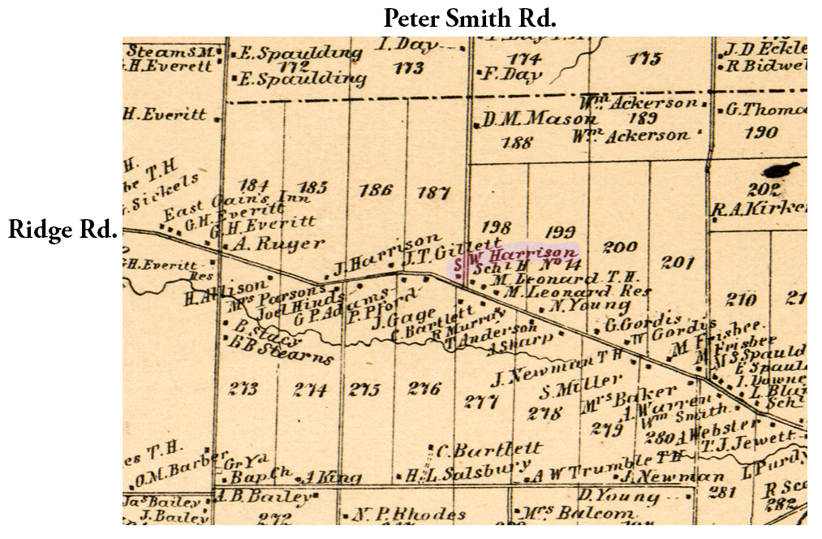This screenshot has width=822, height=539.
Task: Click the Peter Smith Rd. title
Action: (x=469, y=18)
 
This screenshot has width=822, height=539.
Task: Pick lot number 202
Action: (x=764, y=190)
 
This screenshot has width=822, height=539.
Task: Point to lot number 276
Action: (x=424, y=388)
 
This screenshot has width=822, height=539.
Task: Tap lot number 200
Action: (x=621, y=248)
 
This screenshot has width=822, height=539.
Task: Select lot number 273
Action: (x=243, y=389)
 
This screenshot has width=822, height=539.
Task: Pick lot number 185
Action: (x=312, y=188)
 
